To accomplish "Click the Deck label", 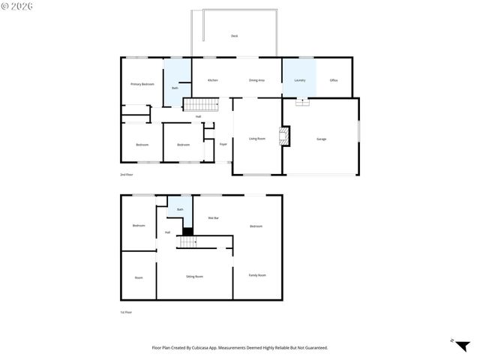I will (x=235, y=36).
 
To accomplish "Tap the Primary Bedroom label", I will (x=142, y=84).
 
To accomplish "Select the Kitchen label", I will (x=213, y=79).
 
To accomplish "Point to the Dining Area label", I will (x=256, y=79).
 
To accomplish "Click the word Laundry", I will (x=299, y=79).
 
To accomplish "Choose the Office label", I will (x=334, y=79).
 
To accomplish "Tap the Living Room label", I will (x=257, y=139).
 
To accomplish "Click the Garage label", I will (x=321, y=139).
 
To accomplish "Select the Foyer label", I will (x=223, y=144).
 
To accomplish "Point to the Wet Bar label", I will (x=213, y=218).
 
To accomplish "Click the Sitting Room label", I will (x=194, y=277).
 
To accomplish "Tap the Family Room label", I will (x=257, y=275).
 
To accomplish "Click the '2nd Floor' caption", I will (x=127, y=175).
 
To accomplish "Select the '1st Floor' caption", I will (x=127, y=312).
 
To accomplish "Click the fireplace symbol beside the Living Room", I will (x=284, y=136).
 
